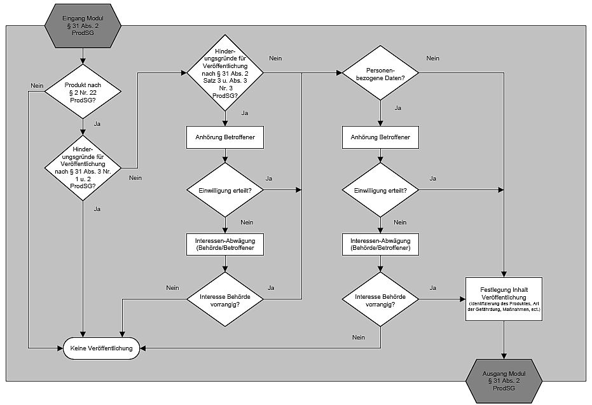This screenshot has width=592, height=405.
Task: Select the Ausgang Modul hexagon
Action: click(x=504, y=380)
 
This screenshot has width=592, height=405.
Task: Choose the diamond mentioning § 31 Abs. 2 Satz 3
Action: click(x=225, y=73)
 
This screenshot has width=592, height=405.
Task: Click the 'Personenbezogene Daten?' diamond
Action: click(x=380, y=73)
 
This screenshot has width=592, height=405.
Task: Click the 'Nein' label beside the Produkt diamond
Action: click(x=36, y=86)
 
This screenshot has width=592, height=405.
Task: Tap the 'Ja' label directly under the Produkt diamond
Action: click(x=97, y=123)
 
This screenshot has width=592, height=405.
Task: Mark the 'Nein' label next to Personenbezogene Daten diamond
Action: click(x=432, y=58)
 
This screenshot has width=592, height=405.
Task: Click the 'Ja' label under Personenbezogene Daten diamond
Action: click(x=398, y=108)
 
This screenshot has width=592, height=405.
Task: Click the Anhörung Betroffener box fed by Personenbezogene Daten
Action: click(x=380, y=137)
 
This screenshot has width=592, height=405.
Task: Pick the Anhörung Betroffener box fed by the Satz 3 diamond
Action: click(x=225, y=137)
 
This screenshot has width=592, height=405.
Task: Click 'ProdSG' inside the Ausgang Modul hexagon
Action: click(x=504, y=387)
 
